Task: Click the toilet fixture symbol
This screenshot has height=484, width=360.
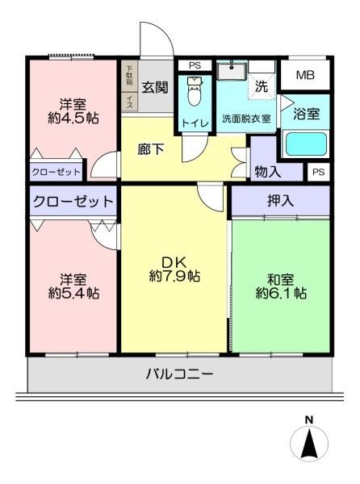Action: (x=195, y=90)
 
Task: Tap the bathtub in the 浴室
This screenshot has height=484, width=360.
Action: (x=306, y=144)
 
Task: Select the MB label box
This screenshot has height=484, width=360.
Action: (x=305, y=75)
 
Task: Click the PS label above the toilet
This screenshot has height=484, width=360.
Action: (x=195, y=65)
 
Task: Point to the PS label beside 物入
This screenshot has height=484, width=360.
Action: (x=319, y=172)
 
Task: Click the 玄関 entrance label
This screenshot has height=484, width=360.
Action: (x=155, y=88)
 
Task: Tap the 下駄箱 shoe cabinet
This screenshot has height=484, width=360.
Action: (x=129, y=76)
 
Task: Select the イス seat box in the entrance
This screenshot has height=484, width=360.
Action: (x=129, y=102)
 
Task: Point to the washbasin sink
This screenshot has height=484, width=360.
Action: (x=232, y=71)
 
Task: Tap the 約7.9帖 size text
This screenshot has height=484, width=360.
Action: (x=174, y=276)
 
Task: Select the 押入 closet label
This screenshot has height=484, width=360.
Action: (x=280, y=201)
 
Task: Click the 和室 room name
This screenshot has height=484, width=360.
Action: (x=281, y=280)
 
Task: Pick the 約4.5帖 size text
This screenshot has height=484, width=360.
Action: (x=73, y=118)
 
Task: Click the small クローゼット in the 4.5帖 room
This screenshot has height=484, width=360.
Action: (x=57, y=172)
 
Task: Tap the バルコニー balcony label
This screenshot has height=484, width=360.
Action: (x=179, y=374)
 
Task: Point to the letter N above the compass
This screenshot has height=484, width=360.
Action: (x=309, y=419)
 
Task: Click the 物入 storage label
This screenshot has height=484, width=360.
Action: (x=268, y=172)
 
